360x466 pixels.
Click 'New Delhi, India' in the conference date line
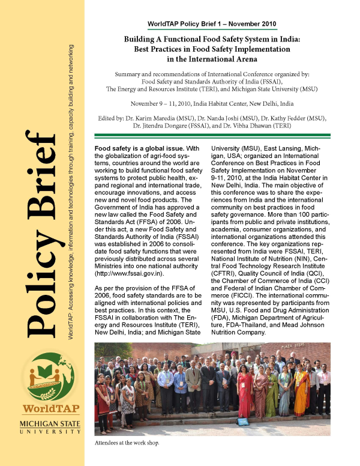269,103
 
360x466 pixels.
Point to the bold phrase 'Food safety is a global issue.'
133,148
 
